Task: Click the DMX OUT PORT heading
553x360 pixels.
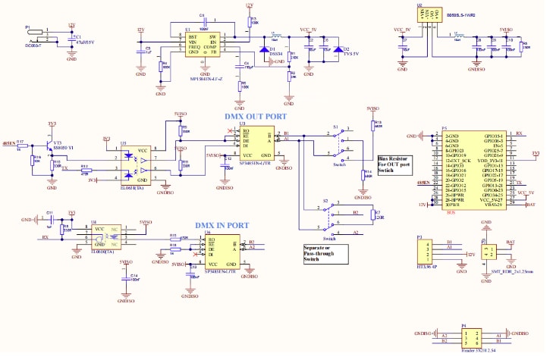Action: (x=255, y=116)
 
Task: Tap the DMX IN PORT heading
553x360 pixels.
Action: (x=222, y=225)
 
